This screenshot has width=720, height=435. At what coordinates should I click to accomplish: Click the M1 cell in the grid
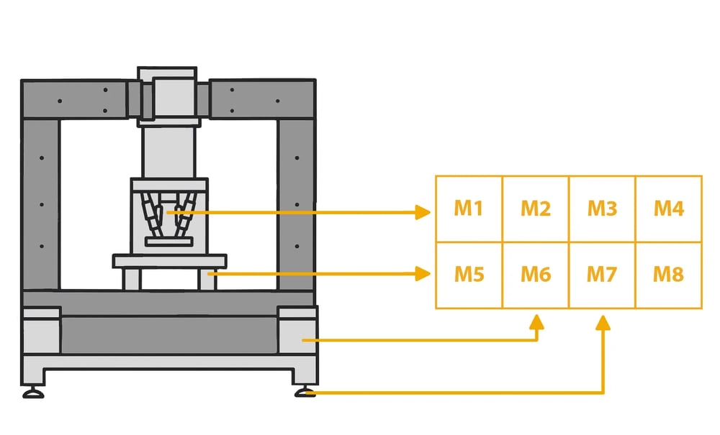click(x=469, y=209)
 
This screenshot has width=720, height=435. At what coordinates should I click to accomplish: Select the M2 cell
click(x=535, y=209)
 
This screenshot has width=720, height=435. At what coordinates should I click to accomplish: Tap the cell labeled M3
click(x=602, y=209)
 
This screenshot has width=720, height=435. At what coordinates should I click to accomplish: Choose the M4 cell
click(x=668, y=209)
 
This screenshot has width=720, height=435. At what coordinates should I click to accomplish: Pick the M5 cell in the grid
click(x=469, y=274)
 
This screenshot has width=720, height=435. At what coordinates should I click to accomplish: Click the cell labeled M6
click(x=535, y=274)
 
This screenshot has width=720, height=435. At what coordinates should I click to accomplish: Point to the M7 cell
click(x=602, y=274)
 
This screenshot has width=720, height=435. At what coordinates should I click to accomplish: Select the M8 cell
click(x=668, y=274)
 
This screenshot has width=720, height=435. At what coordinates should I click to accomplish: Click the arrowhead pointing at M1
click(x=423, y=212)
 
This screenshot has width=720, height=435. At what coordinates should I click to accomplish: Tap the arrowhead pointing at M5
click(x=423, y=273)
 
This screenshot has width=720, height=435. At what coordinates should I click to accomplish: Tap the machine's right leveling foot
click(x=305, y=392)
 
